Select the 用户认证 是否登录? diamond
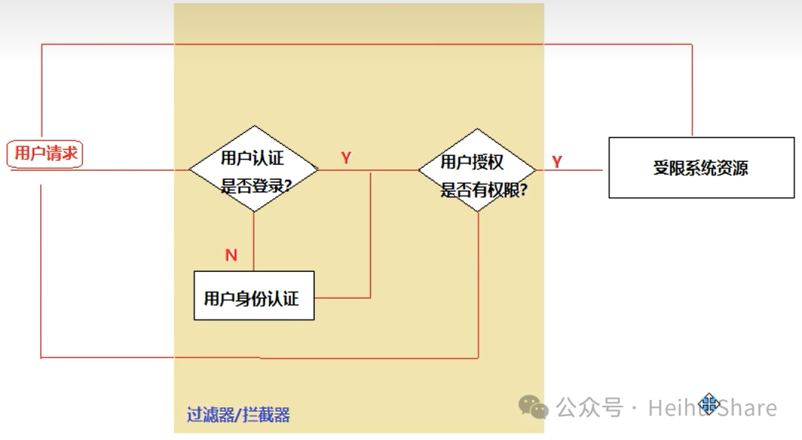pos(253,169)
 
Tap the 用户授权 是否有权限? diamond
pos(477,169)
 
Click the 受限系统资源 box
pos(701,167)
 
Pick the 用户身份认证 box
pos(253,296)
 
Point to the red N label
pos(231,256)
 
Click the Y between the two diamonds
pos(346,158)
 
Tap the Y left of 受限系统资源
pos(557,161)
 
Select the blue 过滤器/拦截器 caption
pos(238,414)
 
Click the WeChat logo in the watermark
pos(533,406)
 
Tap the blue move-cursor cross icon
pos(708,404)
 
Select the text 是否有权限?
pos(483,190)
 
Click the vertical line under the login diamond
pos(253,238)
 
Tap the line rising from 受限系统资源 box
pos(692,89)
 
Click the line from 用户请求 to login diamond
pos(134,170)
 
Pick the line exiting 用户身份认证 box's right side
pos(342,297)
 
